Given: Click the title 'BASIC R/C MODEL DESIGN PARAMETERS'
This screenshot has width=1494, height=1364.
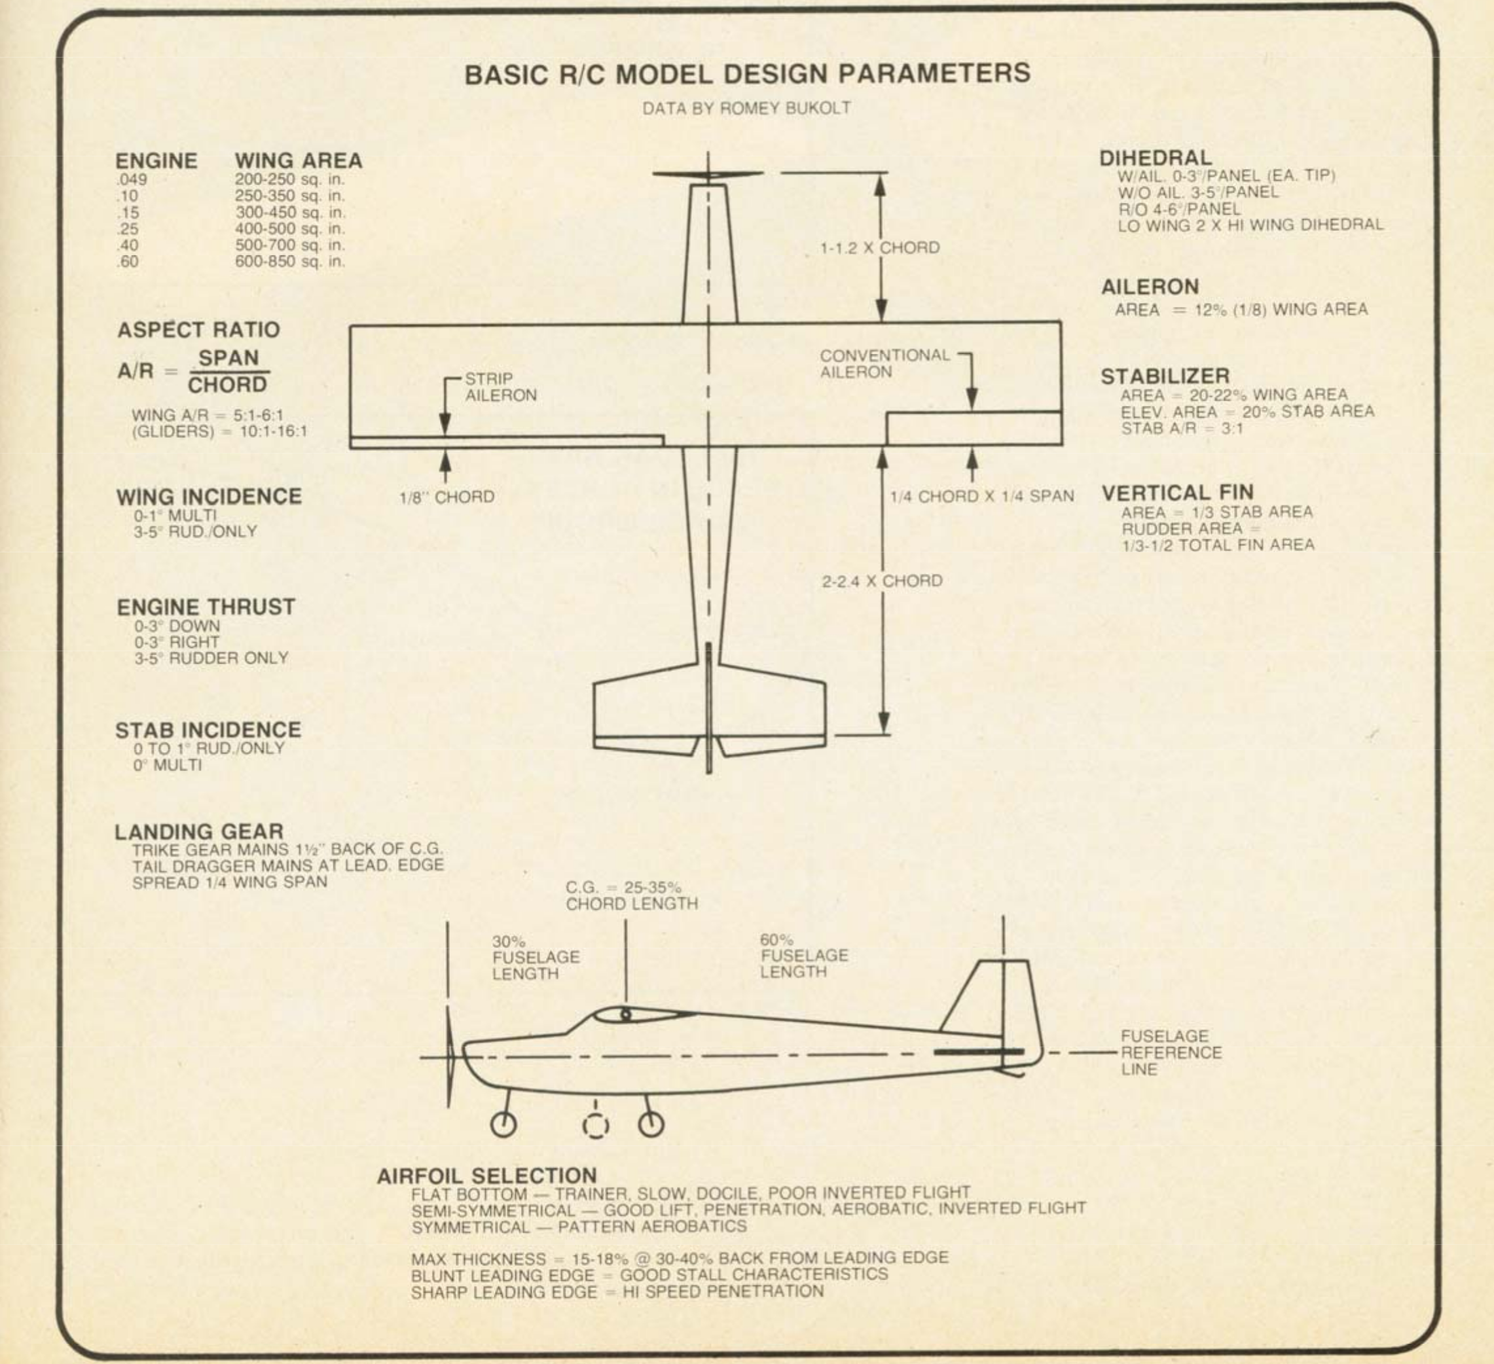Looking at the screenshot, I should tap(747, 73).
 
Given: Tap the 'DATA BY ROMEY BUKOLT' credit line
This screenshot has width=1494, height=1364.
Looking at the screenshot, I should tap(746, 108).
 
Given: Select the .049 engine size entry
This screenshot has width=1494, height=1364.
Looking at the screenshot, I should tap(131, 179).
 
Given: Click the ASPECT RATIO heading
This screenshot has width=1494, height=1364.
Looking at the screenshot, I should tap(198, 330).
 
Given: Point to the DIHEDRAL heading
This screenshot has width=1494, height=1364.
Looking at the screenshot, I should tap(1156, 158).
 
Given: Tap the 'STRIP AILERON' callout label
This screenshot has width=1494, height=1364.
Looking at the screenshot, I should tap(500, 387).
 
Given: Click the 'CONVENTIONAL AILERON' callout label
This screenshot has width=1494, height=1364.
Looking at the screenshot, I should tap(884, 364).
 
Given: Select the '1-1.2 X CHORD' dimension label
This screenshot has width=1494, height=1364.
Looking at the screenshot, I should tap(880, 247).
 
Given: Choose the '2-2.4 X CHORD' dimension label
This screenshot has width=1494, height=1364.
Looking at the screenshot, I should tap(882, 581).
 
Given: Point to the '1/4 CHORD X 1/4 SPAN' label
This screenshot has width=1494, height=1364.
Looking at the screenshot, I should tap(982, 496).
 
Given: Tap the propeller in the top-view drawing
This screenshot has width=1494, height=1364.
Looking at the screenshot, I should tap(708, 175).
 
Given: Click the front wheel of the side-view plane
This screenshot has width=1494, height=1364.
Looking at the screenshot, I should tap(504, 1124).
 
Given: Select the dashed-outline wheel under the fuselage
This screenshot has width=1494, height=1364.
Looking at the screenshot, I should tap(596, 1126).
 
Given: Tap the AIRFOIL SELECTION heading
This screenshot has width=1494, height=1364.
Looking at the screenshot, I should tap(487, 1176).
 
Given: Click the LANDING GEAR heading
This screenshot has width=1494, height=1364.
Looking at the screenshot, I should tap(198, 832).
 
